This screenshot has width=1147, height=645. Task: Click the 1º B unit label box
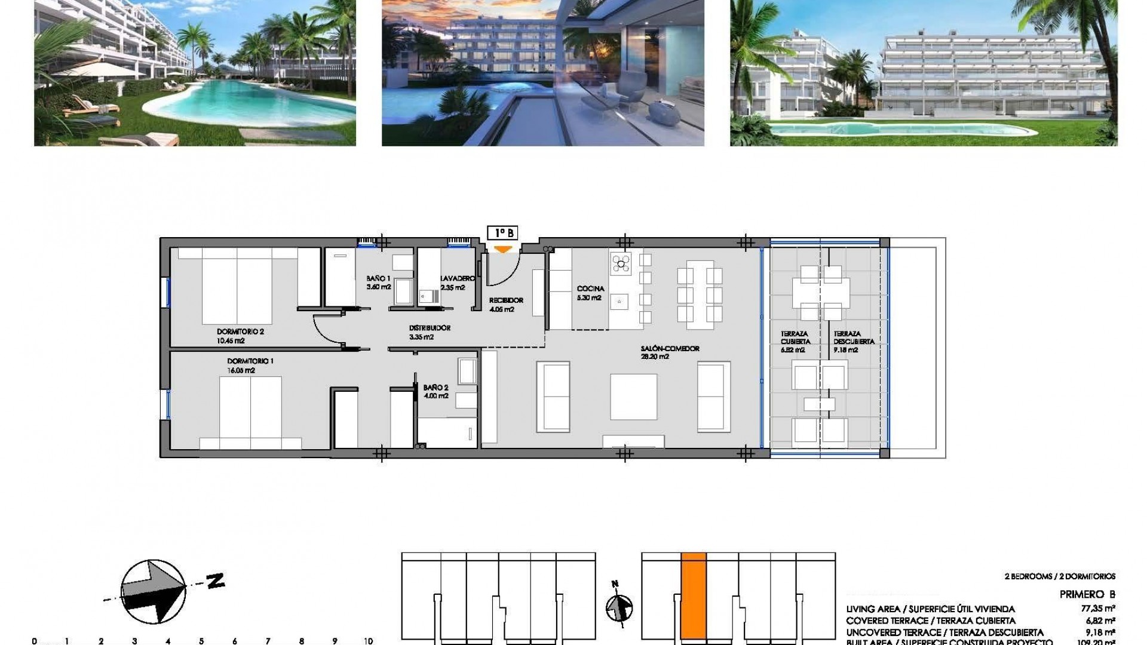(502, 233)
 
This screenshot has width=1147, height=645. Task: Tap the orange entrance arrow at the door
(504, 249)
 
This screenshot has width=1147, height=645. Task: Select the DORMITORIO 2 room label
(240, 331)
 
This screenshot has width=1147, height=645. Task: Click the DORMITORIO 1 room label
(250, 361)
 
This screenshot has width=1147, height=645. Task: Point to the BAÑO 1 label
(379, 278)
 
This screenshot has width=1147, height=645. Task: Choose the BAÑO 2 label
(436, 388)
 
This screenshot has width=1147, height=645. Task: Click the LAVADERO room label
(458, 278)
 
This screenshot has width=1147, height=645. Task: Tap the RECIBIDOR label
(506, 300)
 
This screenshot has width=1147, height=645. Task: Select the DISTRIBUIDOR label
(430, 328)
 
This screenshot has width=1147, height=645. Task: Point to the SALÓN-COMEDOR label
(670, 349)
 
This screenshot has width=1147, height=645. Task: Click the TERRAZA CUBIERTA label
(795, 338)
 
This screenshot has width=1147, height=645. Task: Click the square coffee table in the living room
(633, 397)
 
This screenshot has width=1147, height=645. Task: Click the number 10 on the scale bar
(368, 641)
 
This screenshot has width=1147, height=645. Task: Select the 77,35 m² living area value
(1101, 609)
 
